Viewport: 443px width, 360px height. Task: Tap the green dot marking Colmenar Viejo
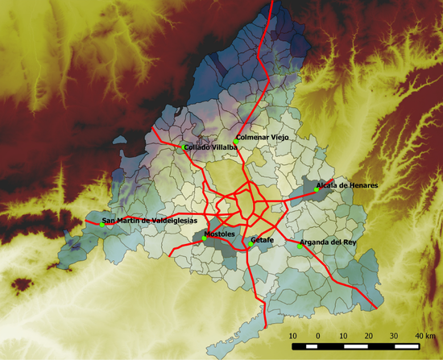[x=236, y=143]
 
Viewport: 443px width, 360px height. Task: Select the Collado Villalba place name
[x=211, y=147]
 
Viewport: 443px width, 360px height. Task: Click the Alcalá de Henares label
[x=347, y=185]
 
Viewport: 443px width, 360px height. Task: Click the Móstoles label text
[x=220, y=234]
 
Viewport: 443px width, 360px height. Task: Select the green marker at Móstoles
[x=205, y=238]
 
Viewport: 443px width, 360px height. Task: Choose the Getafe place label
[x=263, y=240]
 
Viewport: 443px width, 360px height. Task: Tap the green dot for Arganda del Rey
[x=300, y=246]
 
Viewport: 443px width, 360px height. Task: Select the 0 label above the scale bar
[x=318, y=334]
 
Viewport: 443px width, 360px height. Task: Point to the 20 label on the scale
[x=368, y=334]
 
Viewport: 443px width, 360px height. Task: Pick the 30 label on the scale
[x=394, y=334]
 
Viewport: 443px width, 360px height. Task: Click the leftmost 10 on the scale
[x=292, y=334]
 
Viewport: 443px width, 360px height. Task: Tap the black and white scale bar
[x=356, y=346]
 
